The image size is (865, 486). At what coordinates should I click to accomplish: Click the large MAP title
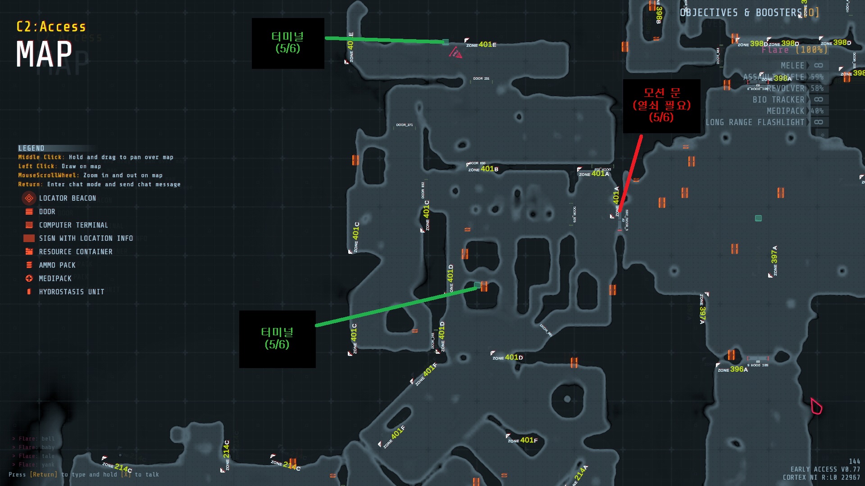[x=44, y=54]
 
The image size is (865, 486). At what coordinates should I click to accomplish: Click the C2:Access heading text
[x=51, y=27]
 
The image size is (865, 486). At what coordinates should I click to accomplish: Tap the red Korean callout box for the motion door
[x=661, y=106]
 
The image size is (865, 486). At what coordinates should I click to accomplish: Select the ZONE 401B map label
[x=483, y=169]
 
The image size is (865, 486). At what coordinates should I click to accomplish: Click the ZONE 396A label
[x=733, y=369]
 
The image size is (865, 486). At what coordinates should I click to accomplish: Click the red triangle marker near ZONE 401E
[x=455, y=53]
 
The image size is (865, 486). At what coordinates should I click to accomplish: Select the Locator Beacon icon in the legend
[x=29, y=198]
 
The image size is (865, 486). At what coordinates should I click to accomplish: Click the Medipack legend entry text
[x=55, y=279]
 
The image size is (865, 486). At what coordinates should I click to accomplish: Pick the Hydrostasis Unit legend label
[x=71, y=292]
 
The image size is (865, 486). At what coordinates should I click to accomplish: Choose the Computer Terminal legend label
[x=73, y=225]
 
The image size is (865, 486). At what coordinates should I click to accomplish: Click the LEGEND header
[x=31, y=148]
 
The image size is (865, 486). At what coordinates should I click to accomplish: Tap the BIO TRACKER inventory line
[x=778, y=100]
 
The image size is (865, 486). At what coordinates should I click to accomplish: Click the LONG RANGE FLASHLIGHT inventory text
[x=755, y=122]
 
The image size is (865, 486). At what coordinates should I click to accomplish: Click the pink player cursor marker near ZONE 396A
[x=816, y=406]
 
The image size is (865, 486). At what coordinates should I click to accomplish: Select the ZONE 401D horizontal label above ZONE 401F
[x=508, y=357]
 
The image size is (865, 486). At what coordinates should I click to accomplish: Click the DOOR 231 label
[x=481, y=79]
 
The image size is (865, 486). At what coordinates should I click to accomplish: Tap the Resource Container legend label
[x=76, y=252]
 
